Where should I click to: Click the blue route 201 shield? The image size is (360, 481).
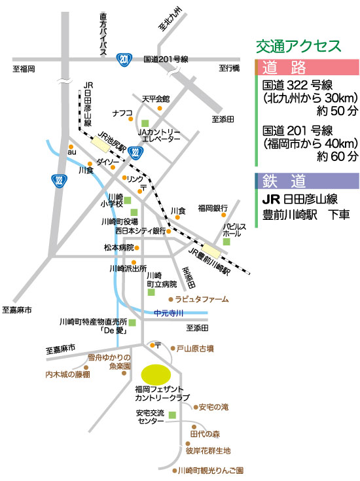pos(124,60)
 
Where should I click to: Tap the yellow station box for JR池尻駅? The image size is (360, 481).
pos(100,145)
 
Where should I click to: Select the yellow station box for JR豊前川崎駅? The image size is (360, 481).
pos(211,251)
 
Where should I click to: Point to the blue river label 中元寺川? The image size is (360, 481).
pos(168,313)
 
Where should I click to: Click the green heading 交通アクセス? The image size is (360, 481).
pos(298,46)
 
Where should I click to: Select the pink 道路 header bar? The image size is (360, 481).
pos(307,67)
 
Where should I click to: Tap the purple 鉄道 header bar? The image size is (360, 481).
pos(307,181)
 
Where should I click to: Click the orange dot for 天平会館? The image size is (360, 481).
pos(160,108)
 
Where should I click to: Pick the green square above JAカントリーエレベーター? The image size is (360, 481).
pos(145,123)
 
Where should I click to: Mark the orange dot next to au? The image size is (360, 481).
pos(71,147)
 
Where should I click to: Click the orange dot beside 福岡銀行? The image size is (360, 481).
pos(223,215)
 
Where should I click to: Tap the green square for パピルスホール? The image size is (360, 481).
pos(226,241)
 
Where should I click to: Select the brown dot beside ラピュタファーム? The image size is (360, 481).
pos(171,299)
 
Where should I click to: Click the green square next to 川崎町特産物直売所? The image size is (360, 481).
pos(132,323)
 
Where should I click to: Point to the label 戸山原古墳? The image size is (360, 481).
pos(195,348)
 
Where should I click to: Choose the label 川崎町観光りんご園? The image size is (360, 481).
pos(211,471)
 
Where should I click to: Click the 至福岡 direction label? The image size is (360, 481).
pos(24,69)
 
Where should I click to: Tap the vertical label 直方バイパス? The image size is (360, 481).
pos(103,34)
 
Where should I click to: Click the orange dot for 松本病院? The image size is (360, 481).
pos(137,247)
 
